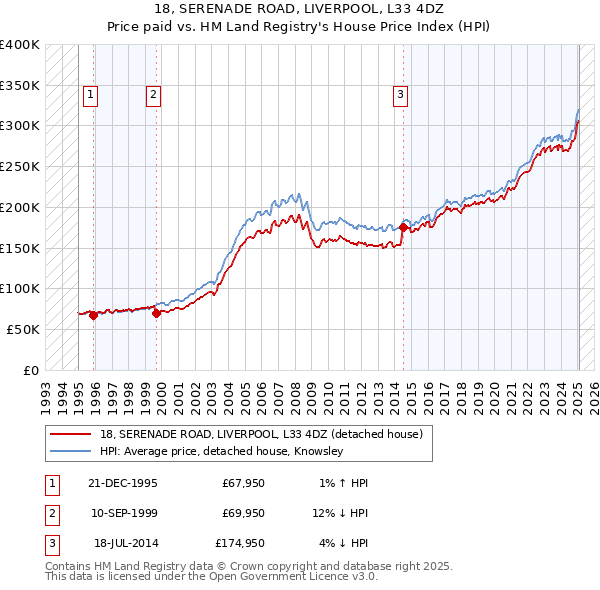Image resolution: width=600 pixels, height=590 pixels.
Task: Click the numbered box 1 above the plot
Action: point(90,95)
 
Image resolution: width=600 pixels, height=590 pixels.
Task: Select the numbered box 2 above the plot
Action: point(153,95)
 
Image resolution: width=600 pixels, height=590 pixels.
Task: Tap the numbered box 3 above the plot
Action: point(400,95)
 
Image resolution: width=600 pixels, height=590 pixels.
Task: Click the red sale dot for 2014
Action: point(403,228)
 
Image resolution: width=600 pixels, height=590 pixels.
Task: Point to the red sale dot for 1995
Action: point(93,315)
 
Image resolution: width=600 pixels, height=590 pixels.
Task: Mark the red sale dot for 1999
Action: point(157,313)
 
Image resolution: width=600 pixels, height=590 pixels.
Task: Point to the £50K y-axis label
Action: point(24,329)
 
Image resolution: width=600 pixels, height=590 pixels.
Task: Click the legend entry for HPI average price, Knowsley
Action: point(222,452)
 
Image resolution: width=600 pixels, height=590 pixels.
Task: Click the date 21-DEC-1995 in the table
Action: point(123,483)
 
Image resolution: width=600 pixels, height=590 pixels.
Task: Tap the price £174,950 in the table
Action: point(238,543)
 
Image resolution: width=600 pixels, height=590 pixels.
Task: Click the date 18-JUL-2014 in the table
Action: point(126,543)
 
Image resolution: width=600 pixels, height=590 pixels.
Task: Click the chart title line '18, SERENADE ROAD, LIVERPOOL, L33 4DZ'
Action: point(299,9)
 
